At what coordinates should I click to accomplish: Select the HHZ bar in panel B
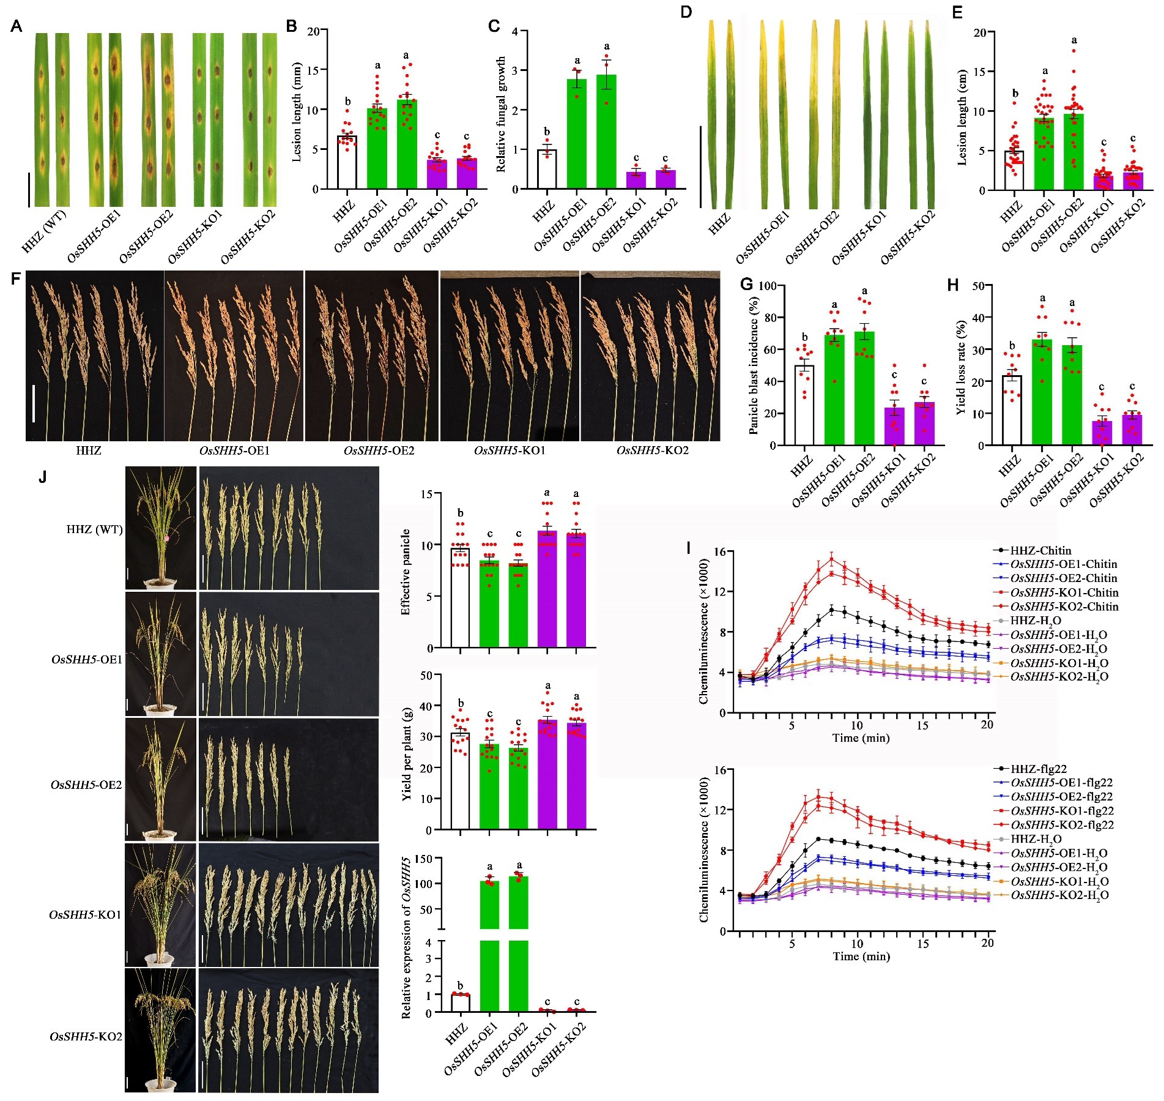(347, 162)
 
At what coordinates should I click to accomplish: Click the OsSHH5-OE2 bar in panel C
(606, 132)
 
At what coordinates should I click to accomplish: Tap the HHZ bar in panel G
(804, 405)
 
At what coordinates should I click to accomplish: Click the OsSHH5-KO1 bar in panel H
(1102, 433)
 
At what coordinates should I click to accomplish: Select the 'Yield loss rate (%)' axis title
(962, 367)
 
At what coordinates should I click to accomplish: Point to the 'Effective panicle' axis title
(405, 572)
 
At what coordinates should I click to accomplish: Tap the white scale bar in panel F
(34, 403)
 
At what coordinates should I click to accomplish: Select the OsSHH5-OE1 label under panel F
(234, 451)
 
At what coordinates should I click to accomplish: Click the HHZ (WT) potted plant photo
(161, 528)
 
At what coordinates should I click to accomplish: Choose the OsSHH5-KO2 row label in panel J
(86, 1036)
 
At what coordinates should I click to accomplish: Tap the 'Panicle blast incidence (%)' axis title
(754, 365)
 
